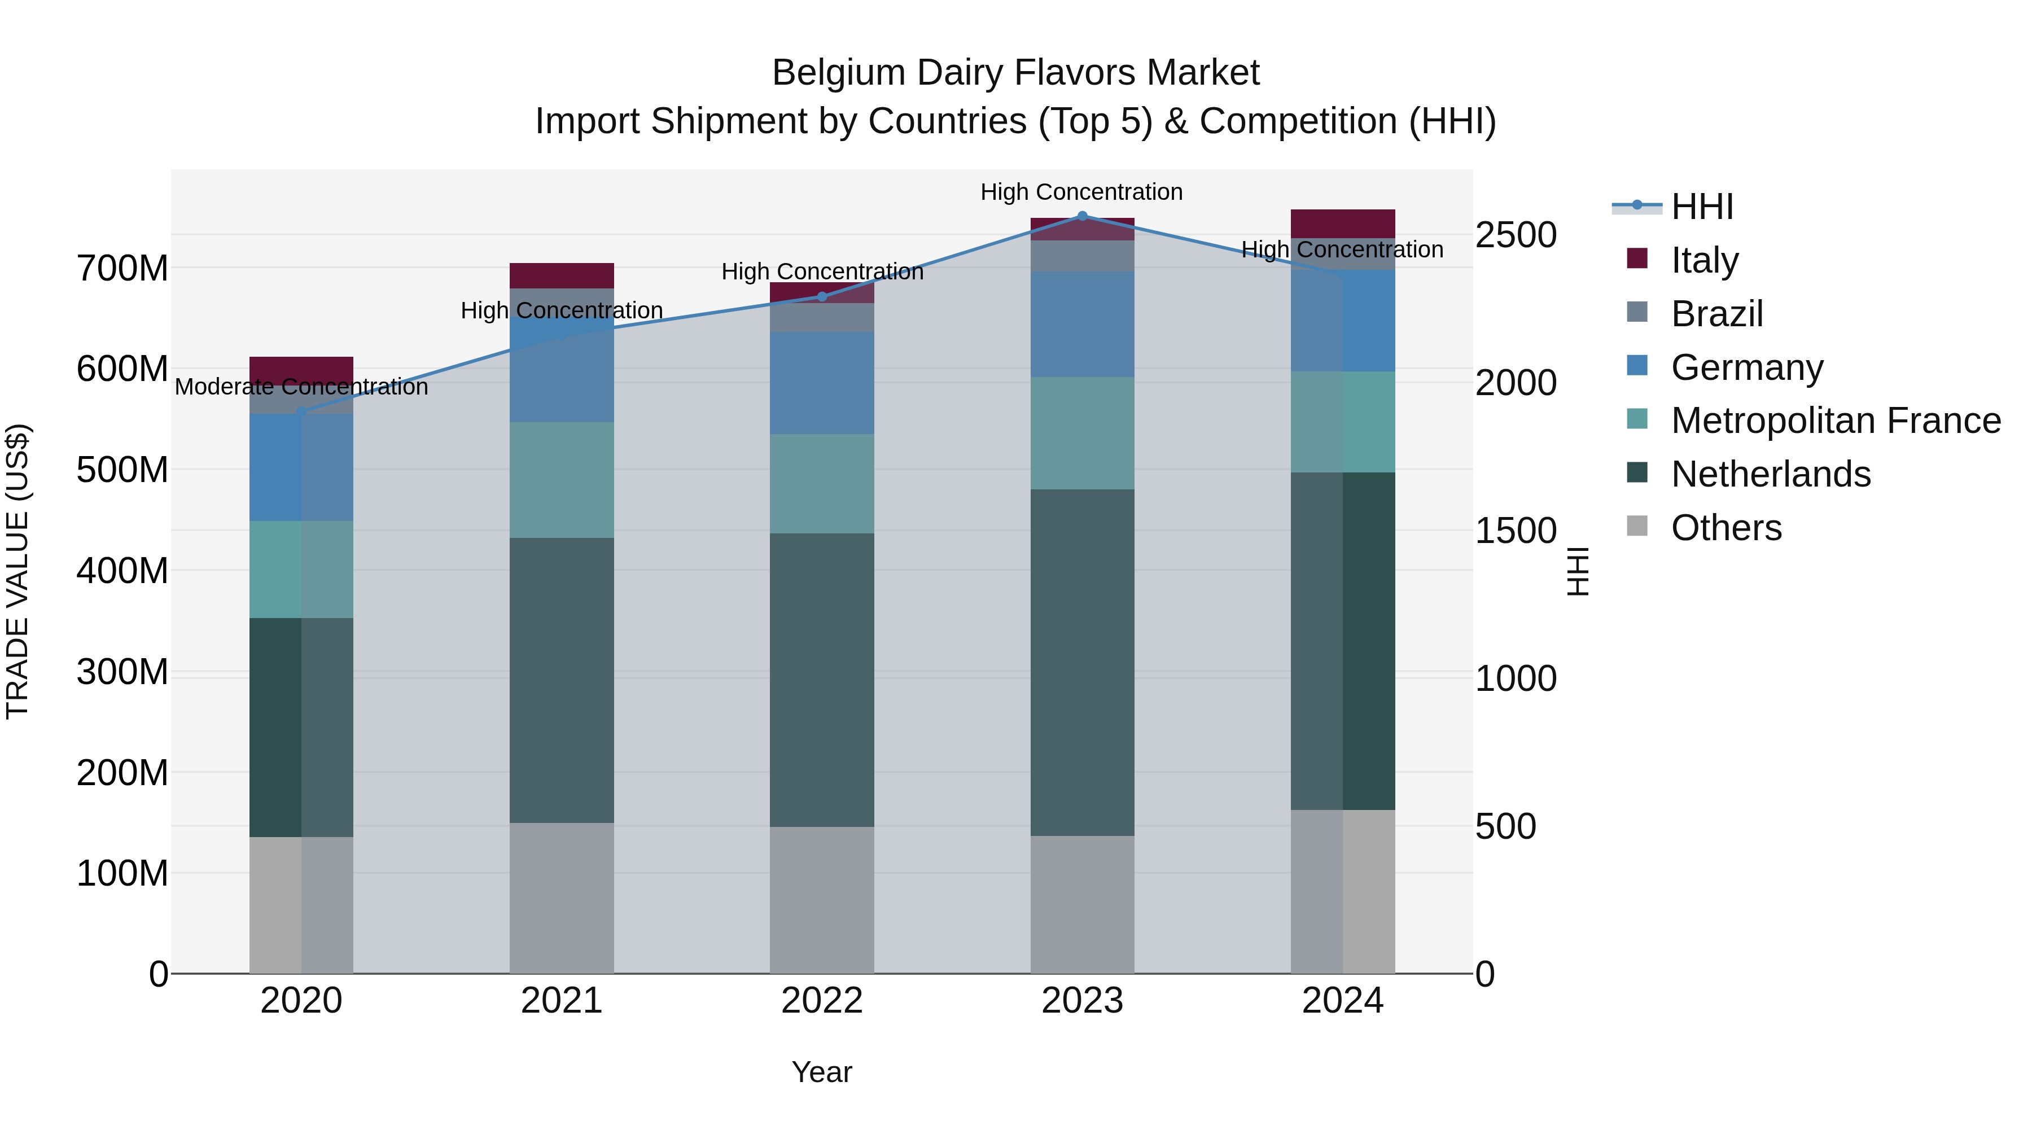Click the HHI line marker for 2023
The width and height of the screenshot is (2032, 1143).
pos(1082,216)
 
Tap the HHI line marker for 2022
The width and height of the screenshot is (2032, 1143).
pos(822,296)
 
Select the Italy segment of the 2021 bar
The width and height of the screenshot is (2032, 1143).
pos(562,275)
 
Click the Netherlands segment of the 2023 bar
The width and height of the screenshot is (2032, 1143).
pos(1082,663)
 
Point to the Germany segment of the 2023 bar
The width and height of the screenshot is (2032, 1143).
pos(1082,324)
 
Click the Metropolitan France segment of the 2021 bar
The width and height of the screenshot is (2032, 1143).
pos(562,480)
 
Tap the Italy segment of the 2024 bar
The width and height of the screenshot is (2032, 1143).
pos(1343,223)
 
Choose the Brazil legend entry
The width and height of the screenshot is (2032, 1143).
pos(1716,314)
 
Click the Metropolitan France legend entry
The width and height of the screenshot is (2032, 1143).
pos(1835,421)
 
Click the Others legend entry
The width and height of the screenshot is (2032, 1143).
pos(1726,528)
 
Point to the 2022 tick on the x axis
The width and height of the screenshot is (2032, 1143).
pos(822,1001)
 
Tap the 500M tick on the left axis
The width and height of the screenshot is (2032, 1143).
pos(122,470)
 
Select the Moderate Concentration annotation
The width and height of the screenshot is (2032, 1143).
pos(301,387)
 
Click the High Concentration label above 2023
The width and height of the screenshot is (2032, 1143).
pos(1081,192)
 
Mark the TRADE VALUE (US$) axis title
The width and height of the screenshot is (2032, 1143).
pos(17,571)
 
